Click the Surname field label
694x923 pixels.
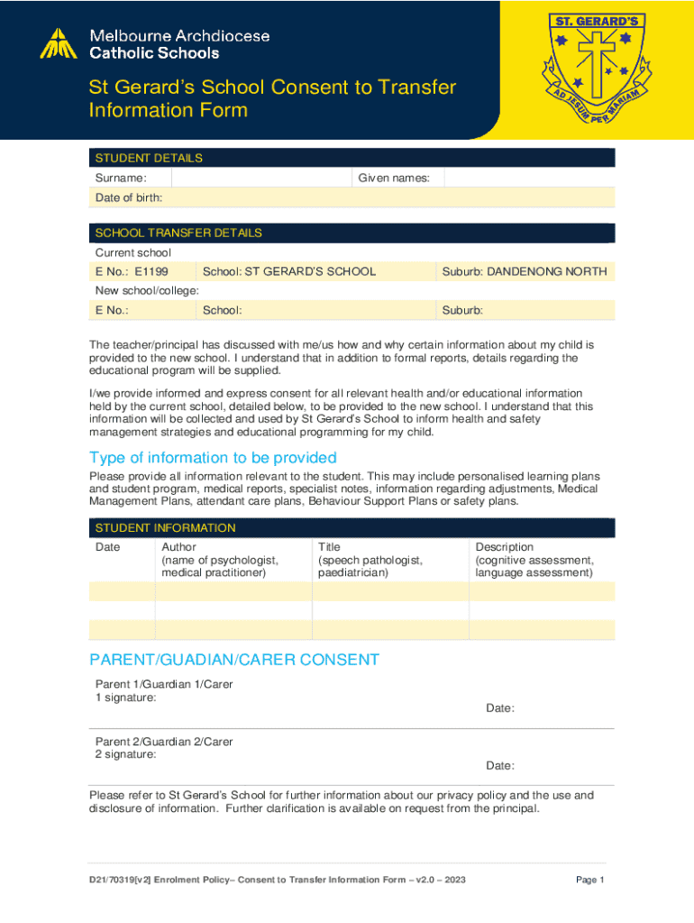(x=121, y=178)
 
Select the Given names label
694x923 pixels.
(x=394, y=178)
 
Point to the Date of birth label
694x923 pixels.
(x=129, y=197)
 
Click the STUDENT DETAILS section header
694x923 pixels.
(x=149, y=158)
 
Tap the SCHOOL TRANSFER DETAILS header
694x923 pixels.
(x=178, y=233)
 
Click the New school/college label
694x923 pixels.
(x=147, y=290)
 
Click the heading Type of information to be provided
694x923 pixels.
(x=213, y=458)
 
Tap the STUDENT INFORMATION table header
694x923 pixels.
(x=165, y=527)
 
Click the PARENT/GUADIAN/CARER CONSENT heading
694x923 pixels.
(x=234, y=660)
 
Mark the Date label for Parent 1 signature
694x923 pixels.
(x=500, y=708)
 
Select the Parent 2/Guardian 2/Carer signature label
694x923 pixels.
(x=164, y=748)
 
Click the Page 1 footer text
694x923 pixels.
(x=589, y=880)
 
